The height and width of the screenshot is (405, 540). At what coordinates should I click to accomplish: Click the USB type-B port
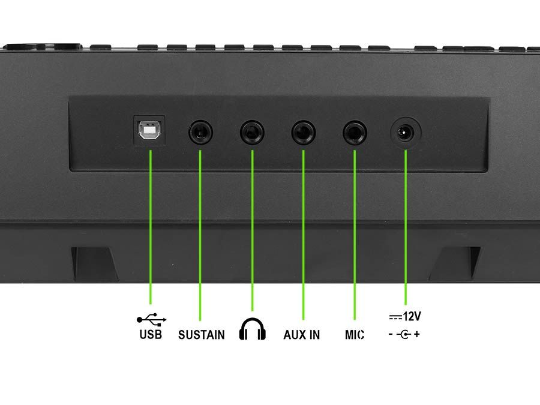pyautogui.click(x=149, y=130)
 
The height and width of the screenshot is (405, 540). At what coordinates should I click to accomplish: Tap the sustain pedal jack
pyautogui.click(x=200, y=132)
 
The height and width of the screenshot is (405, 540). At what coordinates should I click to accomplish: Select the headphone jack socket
pyautogui.click(x=252, y=133)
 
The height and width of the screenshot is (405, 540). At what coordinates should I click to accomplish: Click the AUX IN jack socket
pyautogui.click(x=304, y=133)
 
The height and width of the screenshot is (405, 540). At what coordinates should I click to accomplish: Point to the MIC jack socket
pyautogui.click(x=355, y=133)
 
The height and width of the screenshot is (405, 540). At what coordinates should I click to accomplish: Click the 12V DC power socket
pyautogui.click(x=406, y=133)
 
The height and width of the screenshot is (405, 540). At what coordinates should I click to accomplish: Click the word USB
pyautogui.click(x=151, y=334)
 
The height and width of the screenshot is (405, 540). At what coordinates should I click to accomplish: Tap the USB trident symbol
pyautogui.click(x=152, y=320)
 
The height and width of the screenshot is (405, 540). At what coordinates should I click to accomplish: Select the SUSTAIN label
pyautogui.click(x=202, y=335)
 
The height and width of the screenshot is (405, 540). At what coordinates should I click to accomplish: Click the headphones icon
pyautogui.click(x=253, y=329)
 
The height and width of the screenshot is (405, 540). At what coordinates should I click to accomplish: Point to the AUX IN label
pyautogui.click(x=302, y=335)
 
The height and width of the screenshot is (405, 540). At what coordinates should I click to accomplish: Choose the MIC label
pyautogui.click(x=355, y=335)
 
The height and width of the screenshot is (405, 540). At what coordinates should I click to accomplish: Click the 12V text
pyautogui.click(x=412, y=316)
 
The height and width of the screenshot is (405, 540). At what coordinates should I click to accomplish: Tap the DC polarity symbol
pyautogui.click(x=404, y=334)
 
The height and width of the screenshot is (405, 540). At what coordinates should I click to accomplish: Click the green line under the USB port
pyautogui.click(x=151, y=227)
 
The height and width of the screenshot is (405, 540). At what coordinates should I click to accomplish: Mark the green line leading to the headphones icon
pyautogui.click(x=253, y=230)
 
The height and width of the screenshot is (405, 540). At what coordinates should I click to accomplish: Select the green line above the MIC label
pyautogui.click(x=355, y=235)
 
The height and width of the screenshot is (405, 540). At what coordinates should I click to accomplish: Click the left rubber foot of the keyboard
pyautogui.click(x=94, y=263)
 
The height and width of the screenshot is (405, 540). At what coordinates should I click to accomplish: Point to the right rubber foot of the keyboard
pyautogui.click(x=455, y=263)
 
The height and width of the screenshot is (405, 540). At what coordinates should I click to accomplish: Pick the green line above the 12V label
pyautogui.click(x=406, y=227)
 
